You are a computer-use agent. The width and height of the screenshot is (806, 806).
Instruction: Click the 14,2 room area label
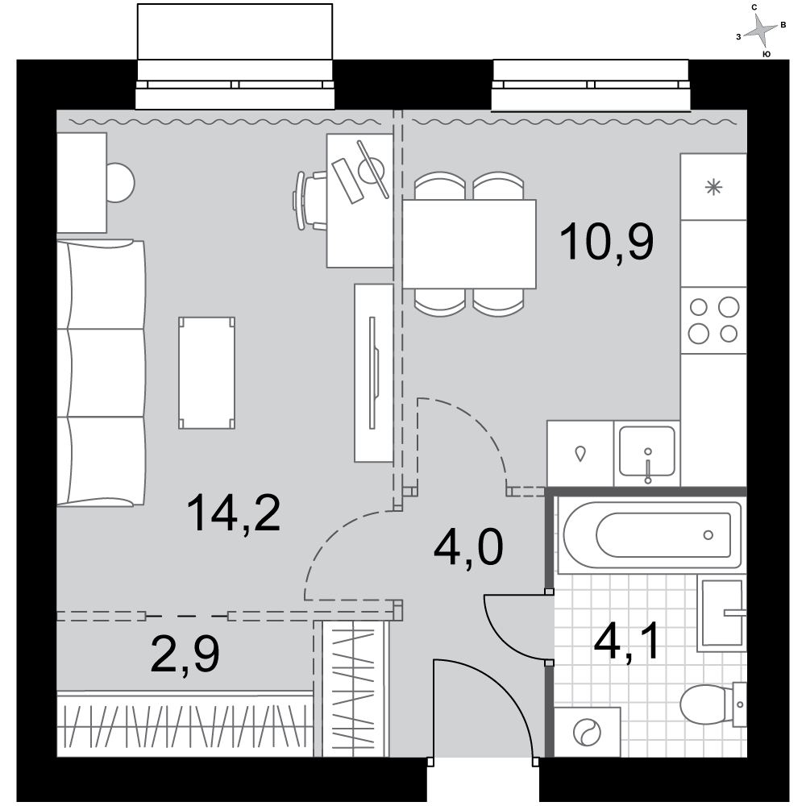pos(234,513)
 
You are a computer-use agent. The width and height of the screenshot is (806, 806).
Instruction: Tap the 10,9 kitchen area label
pos(607,241)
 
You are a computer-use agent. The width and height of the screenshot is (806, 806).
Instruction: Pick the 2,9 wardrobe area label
pos(185,654)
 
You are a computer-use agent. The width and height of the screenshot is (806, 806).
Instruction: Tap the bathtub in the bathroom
pos(650,535)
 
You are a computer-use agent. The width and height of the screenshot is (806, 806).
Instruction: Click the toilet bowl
pos(713,704)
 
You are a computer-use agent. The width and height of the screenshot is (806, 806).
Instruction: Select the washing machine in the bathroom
pos(587,732)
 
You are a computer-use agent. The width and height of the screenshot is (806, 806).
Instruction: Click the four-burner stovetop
pos(713,320)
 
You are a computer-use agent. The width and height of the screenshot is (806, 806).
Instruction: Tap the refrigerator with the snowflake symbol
pos(713,187)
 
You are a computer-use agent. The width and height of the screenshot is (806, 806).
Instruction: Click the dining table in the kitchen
pos(469,244)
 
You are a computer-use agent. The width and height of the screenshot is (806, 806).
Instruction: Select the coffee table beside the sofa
pos(206,372)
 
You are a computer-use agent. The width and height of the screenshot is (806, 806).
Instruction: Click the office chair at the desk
pos(310,201)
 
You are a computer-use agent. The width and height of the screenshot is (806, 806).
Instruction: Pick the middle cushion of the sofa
pos(101,372)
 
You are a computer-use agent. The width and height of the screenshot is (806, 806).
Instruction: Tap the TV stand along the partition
pos(374,372)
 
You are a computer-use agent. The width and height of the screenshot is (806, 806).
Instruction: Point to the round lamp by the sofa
pos(120,182)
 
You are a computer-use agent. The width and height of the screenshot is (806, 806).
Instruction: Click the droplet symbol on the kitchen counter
pos(581,454)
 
